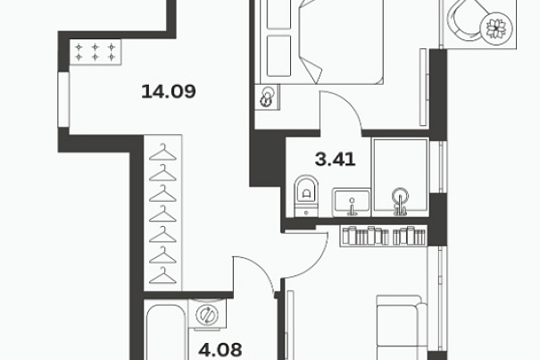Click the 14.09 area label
click(x=169, y=92)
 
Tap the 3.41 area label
click(x=335, y=160)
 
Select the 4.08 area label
click(x=220, y=350)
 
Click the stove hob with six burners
click(x=96, y=52)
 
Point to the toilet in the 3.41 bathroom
click(x=306, y=197)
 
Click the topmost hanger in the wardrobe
click(x=162, y=153)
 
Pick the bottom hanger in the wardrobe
click(x=162, y=275)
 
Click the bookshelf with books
click(x=383, y=236)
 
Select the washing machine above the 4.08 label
click(x=207, y=314)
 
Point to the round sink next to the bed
click(x=268, y=97)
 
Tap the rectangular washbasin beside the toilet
click(x=352, y=203)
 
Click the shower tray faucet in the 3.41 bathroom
click(x=400, y=201)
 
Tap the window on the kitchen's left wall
click(x=63, y=99)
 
